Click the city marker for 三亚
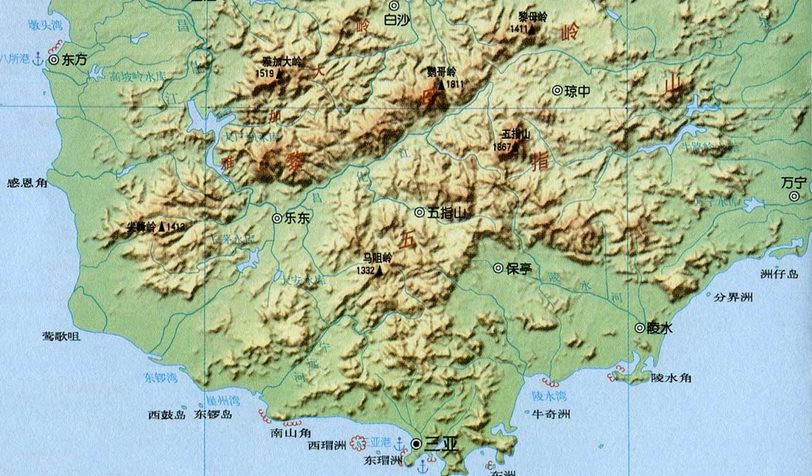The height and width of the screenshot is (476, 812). click(x=416, y=443)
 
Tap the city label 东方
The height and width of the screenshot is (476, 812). click(x=76, y=58)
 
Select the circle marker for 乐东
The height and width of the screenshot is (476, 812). click(x=278, y=217)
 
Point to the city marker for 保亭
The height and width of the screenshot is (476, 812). click(x=498, y=268)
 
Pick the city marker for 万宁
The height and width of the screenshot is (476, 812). click(x=794, y=196)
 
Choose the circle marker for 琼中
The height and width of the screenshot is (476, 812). click(x=557, y=90)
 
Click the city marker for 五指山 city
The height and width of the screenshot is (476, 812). click(x=419, y=212)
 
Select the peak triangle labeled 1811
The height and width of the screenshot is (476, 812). click(x=441, y=84)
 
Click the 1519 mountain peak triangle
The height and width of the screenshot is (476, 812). click(x=280, y=74)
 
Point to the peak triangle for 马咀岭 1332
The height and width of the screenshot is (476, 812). click(x=379, y=270)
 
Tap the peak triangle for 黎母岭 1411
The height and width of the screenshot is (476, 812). click(x=532, y=28)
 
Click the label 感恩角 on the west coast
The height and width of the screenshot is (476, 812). click(x=27, y=183)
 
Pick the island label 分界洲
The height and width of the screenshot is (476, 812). click(x=733, y=297)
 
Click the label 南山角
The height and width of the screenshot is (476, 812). click(x=289, y=431)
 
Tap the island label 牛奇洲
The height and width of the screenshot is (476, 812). click(x=551, y=413)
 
